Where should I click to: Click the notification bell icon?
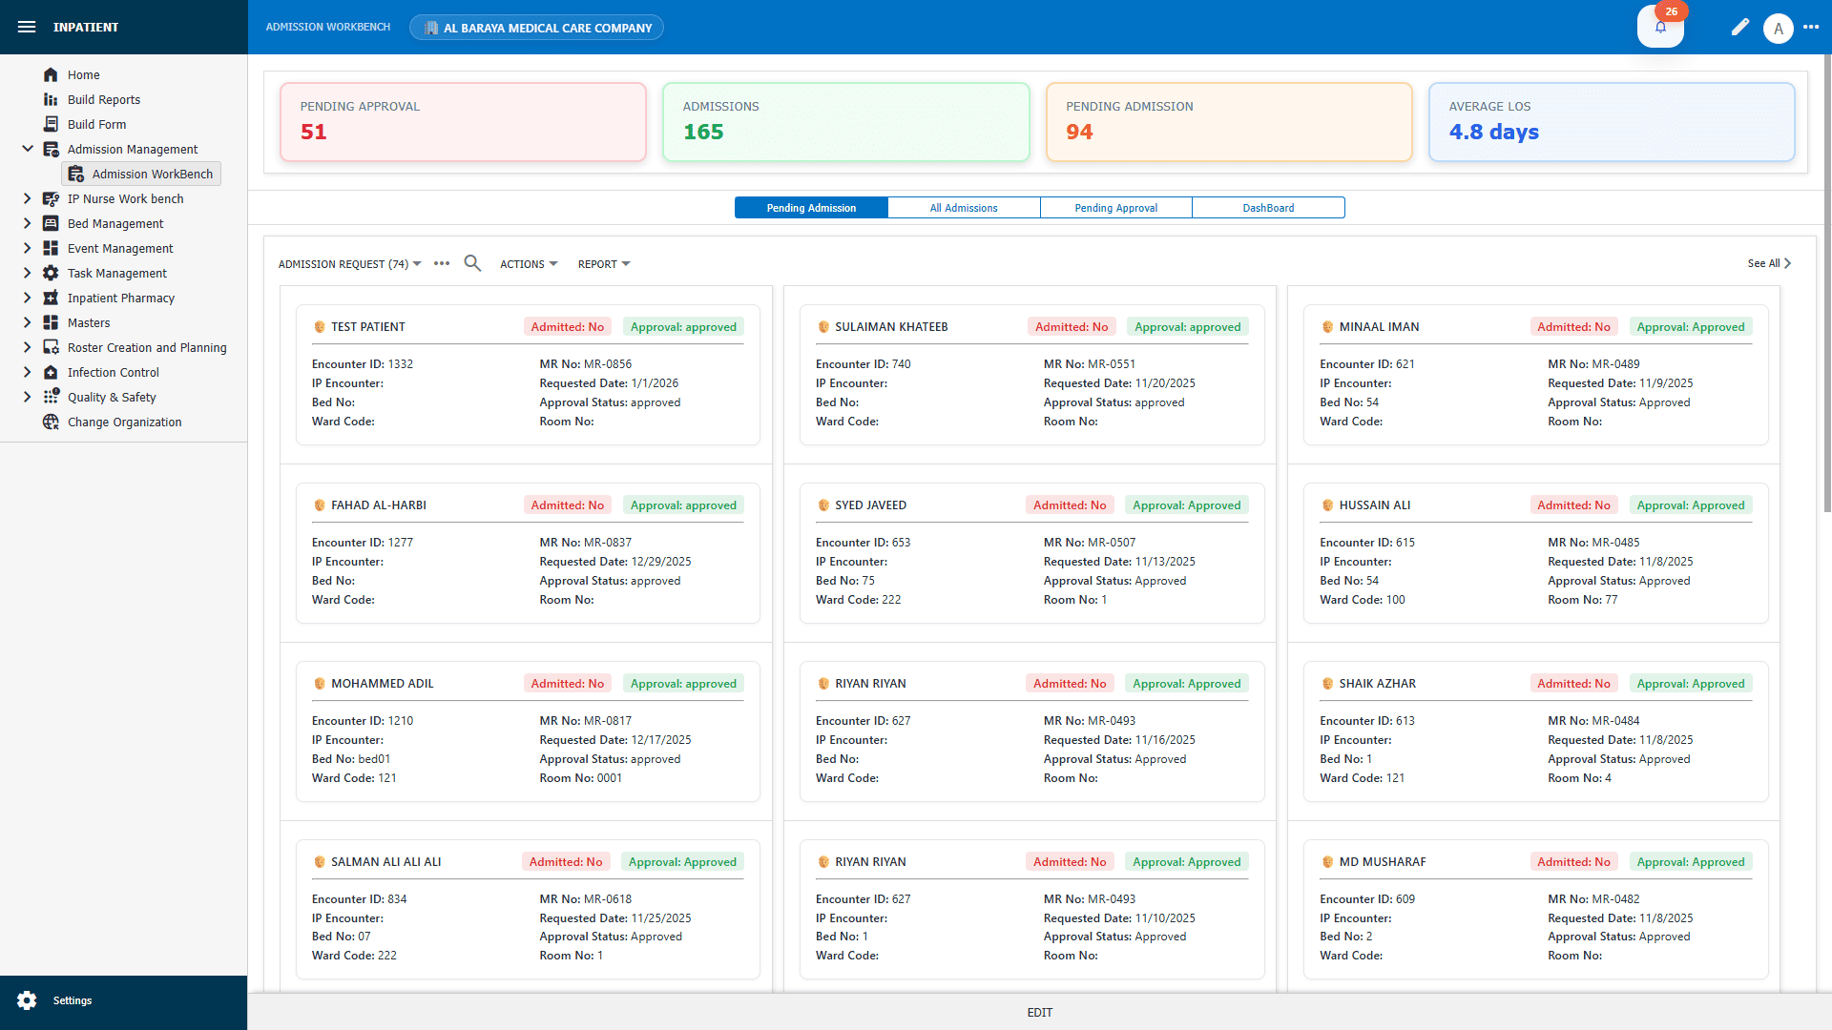1660,27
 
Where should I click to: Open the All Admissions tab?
964,208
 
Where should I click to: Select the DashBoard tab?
1268,208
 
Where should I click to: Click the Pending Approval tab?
1115,208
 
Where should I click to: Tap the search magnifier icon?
472,263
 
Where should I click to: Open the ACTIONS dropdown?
529,264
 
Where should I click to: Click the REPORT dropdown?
603,264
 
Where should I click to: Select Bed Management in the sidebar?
115,224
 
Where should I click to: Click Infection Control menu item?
113,373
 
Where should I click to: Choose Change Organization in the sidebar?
124,422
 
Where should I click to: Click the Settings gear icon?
27,1000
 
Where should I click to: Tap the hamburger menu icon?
27,27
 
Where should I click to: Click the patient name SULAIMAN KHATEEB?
891,327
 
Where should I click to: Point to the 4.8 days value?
1493,133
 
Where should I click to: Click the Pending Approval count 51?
314,133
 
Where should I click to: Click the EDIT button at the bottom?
1039,1013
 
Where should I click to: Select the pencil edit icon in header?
1740,28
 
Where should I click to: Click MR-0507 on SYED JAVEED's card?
1112,543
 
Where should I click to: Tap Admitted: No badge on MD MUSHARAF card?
1573,862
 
